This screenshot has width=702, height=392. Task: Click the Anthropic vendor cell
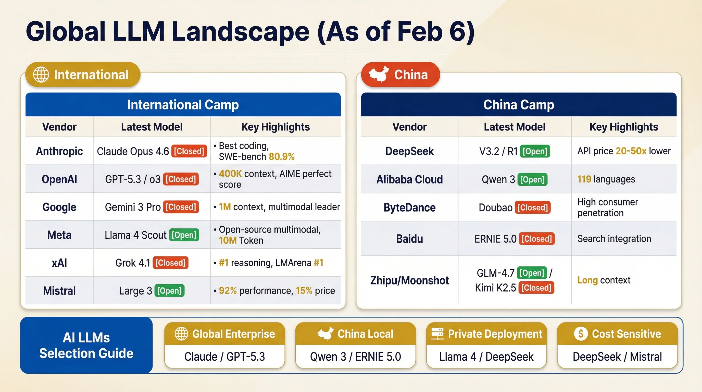pyautogui.click(x=59, y=151)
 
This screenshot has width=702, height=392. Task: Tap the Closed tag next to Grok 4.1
pyautogui.click(x=170, y=263)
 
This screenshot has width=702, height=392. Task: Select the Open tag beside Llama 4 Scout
pyautogui.click(x=184, y=235)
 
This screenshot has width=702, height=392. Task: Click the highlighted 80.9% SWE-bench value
pyautogui.click(x=281, y=157)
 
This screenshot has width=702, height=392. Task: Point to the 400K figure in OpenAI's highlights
pyautogui.click(x=230, y=174)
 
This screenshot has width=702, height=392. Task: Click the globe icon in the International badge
pyautogui.click(x=41, y=75)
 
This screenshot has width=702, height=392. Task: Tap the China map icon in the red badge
pyautogui.click(x=378, y=74)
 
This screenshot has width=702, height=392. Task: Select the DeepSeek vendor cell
pyautogui.click(x=409, y=151)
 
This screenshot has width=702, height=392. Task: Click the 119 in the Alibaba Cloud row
pyautogui.click(x=584, y=179)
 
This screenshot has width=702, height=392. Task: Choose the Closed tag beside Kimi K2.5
pyautogui.click(x=536, y=288)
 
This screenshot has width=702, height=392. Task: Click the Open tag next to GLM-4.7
pyautogui.click(x=532, y=273)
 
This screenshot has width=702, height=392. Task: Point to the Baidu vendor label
pyautogui.click(x=409, y=239)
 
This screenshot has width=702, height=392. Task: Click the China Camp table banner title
pyautogui.click(x=518, y=105)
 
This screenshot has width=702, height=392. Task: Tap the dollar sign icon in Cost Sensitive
pyautogui.click(x=581, y=334)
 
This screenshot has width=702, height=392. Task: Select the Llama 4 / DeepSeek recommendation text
pyautogui.click(x=486, y=357)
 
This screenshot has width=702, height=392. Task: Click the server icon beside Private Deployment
pyautogui.click(x=437, y=334)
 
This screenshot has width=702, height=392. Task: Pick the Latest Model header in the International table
pyautogui.click(x=152, y=127)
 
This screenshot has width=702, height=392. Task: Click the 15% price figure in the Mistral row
pyautogui.click(x=304, y=291)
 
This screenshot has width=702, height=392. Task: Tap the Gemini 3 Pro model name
pyautogui.click(x=133, y=207)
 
